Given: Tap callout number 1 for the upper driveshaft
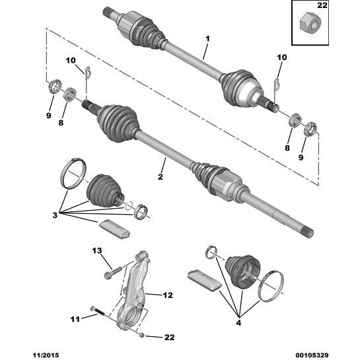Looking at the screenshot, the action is click(x=207, y=39).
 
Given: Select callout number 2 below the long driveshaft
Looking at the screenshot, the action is click(x=161, y=177).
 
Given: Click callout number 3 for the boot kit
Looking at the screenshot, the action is click(x=55, y=215).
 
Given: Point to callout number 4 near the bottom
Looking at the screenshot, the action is click(x=238, y=323).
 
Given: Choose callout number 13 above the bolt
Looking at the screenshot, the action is click(x=97, y=250).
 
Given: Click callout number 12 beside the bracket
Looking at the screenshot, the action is click(x=168, y=295).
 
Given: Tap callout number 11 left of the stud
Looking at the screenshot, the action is click(x=75, y=319).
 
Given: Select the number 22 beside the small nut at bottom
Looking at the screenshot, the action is click(x=170, y=338).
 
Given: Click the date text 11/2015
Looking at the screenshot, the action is click(x=46, y=355).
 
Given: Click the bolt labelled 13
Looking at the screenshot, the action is click(x=113, y=271).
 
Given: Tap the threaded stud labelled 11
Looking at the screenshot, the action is click(x=98, y=310).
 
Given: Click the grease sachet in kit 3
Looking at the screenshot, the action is click(x=115, y=229).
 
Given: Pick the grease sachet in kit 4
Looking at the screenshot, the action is click(x=205, y=281).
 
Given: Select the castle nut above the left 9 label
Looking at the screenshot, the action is click(x=55, y=86).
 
